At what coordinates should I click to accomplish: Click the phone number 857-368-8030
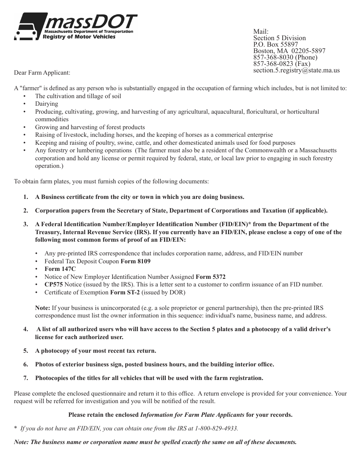(274, 57)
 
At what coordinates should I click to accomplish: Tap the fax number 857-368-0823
(274, 64)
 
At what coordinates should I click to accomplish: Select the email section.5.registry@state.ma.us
(296, 70)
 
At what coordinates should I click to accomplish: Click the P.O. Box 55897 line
(275, 44)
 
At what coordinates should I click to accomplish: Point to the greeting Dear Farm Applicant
(42, 72)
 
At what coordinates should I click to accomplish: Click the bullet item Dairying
(47, 104)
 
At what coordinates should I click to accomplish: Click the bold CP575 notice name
(53, 285)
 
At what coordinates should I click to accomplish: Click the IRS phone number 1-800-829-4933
(216, 428)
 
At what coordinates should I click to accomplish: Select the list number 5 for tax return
(26, 351)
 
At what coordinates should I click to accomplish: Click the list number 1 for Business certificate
(26, 197)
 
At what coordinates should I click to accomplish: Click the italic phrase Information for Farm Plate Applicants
(192, 415)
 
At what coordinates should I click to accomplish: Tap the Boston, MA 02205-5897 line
(289, 51)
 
